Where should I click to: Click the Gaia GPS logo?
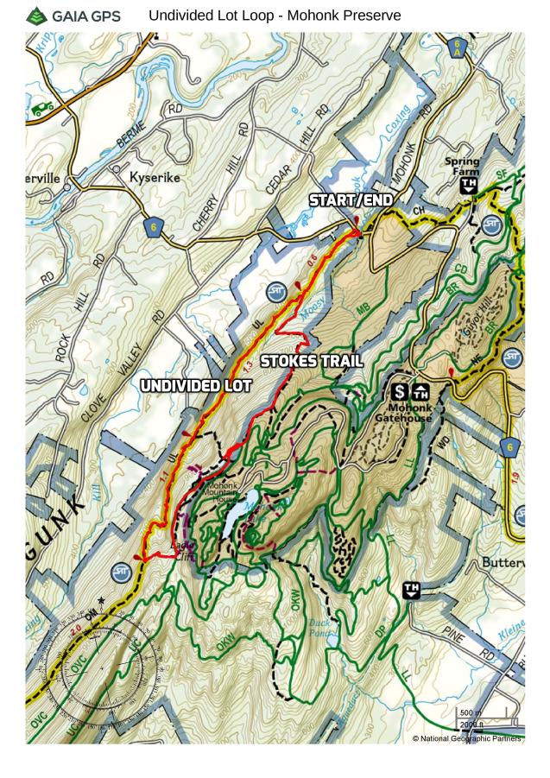click(x=73, y=16)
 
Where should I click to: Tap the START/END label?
click(x=351, y=200)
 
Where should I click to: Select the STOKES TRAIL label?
click(x=311, y=361)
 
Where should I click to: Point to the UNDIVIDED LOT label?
click(x=196, y=385)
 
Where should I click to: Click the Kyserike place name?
click(x=155, y=177)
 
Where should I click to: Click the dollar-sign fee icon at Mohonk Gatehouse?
click(x=401, y=391)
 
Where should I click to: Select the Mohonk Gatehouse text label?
click(x=402, y=412)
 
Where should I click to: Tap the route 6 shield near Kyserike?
click(x=153, y=226)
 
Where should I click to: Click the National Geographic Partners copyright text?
click(x=466, y=738)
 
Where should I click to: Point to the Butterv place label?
click(x=501, y=562)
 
